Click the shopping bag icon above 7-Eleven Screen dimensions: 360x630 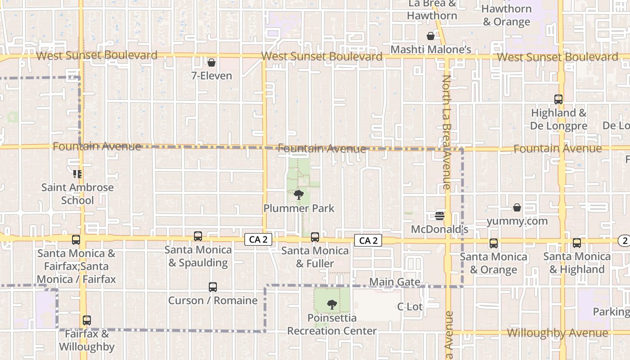(211, 63)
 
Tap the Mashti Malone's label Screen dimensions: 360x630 (431, 49)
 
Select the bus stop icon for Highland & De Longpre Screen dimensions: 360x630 (558, 99)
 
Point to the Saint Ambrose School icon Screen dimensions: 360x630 (77, 174)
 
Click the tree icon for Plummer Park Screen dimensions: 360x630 (298, 195)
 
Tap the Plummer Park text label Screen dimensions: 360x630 (299, 208)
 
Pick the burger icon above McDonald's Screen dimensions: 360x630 (440, 216)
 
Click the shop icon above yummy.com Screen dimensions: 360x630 (517, 207)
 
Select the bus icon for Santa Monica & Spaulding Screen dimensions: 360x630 (198, 236)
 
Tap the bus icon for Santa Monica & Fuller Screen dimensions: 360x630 (315, 237)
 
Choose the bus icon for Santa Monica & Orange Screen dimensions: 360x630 (494, 243)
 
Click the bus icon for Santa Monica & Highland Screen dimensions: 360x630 (577, 243)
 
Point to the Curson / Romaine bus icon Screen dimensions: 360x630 (213, 287)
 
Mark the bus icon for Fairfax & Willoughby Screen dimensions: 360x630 (87, 320)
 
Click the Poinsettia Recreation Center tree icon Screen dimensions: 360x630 (332, 305)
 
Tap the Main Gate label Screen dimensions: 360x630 (395, 282)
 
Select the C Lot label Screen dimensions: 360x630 (409, 307)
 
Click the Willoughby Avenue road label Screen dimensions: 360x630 (557, 333)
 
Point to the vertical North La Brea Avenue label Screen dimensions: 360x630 (446, 132)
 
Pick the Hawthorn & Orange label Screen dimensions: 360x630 (506, 15)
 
